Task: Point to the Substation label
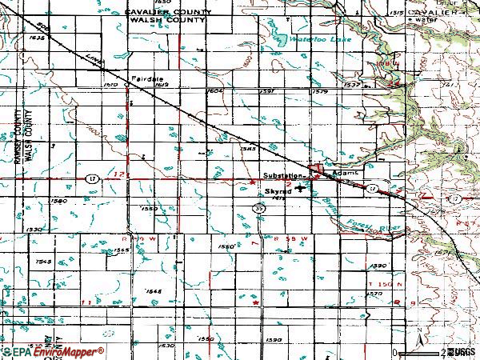[x=282, y=175]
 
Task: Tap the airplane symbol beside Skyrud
[x=301, y=190]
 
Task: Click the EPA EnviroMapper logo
[x=52, y=351]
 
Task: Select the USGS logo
[x=463, y=352]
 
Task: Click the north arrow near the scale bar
[x=418, y=336]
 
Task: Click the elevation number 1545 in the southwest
[x=44, y=262]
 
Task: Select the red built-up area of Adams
[x=320, y=170]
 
